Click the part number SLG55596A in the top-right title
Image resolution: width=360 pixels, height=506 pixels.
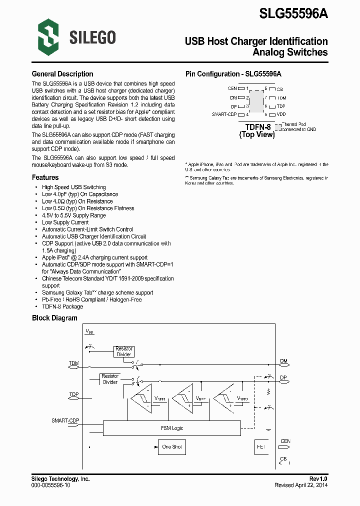click(293, 13)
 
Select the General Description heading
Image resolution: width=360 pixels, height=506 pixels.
click(62, 74)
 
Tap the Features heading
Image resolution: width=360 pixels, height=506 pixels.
click(45, 177)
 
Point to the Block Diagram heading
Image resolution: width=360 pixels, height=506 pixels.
click(54, 318)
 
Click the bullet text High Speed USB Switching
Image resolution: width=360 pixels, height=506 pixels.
click(73, 187)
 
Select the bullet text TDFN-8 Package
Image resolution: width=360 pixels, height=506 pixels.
click(62, 306)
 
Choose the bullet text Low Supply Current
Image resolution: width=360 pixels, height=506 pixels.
click(65, 222)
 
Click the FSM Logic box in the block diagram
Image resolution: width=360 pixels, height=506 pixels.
click(172, 428)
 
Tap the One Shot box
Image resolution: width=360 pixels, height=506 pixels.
click(172, 446)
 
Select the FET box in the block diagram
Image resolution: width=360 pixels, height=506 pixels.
click(261, 446)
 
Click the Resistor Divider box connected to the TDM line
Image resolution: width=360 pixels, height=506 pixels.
click(123, 351)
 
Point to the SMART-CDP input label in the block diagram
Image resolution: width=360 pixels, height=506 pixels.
click(65, 420)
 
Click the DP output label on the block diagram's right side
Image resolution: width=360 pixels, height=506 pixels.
click(283, 378)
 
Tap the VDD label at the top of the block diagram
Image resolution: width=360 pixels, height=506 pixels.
click(89, 331)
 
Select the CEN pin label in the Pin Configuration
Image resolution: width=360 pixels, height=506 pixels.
click(232, 88)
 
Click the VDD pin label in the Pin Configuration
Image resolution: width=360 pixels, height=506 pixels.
click(281, 114)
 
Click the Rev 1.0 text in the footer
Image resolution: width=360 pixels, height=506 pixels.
click(318, 479)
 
